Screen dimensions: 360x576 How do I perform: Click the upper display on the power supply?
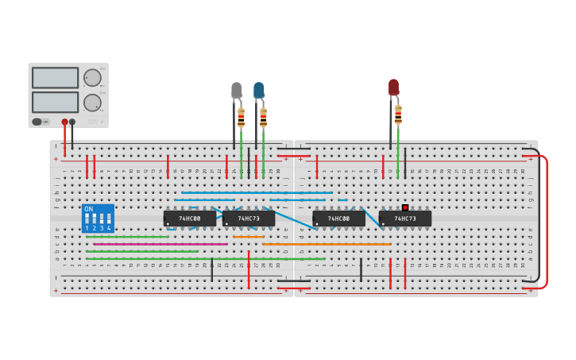(55, 78)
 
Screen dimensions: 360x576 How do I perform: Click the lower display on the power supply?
(55, 102)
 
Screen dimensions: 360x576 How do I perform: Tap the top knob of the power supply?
(92, 77)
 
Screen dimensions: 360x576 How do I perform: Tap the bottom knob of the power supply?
(92, 102)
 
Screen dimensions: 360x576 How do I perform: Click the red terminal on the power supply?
(65, 122)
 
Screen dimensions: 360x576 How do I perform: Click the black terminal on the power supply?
(72, 122)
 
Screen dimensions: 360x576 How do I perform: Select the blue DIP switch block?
(98, 219)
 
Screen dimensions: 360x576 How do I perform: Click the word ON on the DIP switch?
(88, 210)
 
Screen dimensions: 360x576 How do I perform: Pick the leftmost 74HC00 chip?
(189, 219)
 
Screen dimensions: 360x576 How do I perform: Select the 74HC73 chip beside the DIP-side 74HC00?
(249, 219)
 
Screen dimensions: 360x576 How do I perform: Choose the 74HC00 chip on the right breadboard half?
(338, 219)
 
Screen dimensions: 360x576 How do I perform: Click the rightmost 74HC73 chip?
(405, 219)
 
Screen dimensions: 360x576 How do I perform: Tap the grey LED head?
(237, 91)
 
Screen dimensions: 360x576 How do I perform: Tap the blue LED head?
(259, 91)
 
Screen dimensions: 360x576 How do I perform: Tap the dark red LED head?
(393, 87)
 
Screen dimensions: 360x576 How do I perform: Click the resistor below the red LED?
(398, 115)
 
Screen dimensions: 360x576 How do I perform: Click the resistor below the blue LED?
(263, 118)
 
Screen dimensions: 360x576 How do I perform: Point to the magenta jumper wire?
(194, 244)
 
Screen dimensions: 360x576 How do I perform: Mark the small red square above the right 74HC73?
(404, 207)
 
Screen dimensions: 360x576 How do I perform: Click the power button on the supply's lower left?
(37, 122)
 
